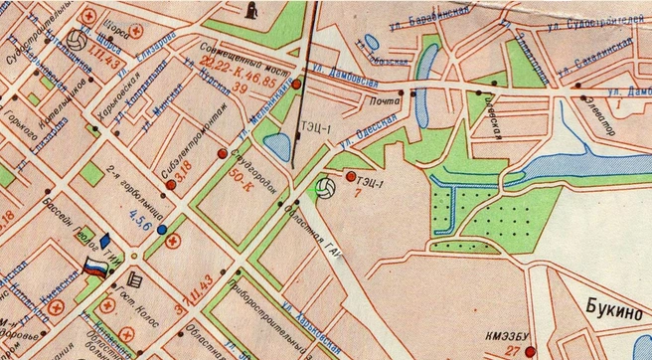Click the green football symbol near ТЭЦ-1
coord(323,187)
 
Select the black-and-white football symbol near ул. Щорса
coord(77,42)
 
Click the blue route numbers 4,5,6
coord(135,228)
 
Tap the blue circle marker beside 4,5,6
coord(161,229)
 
